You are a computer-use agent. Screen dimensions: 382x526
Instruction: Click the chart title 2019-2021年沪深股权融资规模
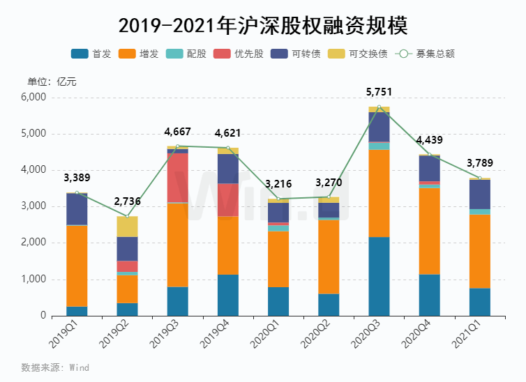(263, 26)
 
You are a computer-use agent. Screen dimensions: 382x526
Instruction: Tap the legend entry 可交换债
(359, 54)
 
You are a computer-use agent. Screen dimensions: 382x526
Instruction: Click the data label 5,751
(379, 91)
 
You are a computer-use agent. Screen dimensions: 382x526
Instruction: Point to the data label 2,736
(127, 202)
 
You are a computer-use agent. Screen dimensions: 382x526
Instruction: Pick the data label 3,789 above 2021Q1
(479, 164)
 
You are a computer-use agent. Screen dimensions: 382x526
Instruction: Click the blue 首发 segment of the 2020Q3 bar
(379, 276)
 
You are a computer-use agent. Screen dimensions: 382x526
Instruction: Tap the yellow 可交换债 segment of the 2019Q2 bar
(127, 227)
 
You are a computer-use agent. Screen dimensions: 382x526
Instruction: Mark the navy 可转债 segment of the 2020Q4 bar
(429, 168)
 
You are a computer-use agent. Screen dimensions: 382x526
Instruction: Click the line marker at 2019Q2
(127, 216)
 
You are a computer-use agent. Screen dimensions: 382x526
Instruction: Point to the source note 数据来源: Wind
(55, 367)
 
